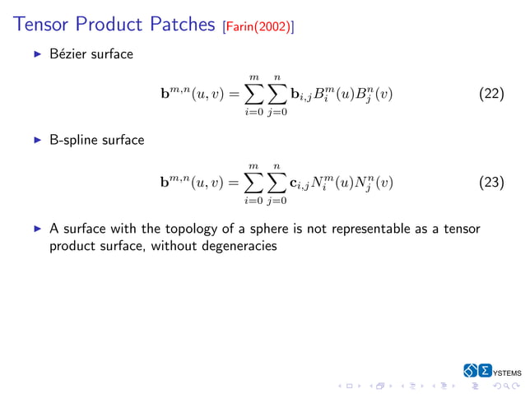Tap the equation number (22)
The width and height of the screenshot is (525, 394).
point(491,94)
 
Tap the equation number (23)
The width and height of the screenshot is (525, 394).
point(491,182)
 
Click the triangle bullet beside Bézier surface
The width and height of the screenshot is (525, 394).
point(36,54)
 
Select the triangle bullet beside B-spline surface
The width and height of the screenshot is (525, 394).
point(36,140)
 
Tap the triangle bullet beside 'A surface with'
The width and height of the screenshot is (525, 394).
point(36,229)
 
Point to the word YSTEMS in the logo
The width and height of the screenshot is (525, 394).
point(507,373)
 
